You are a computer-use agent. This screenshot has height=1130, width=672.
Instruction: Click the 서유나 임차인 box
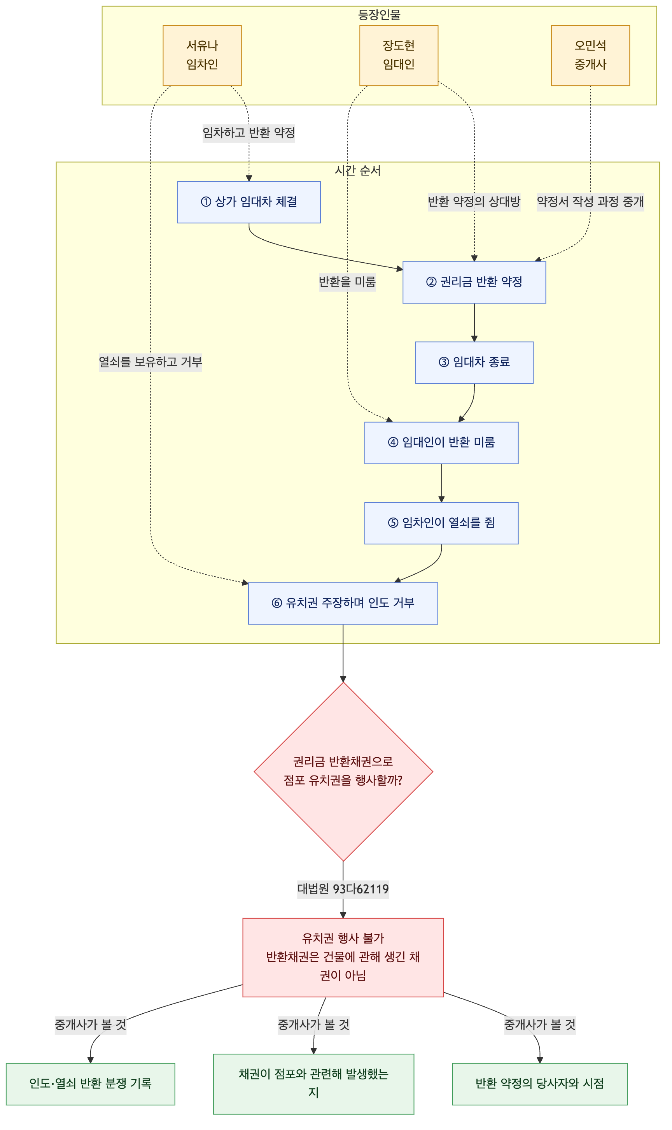[202, 55]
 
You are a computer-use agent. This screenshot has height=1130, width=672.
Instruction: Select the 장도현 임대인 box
[399, 55]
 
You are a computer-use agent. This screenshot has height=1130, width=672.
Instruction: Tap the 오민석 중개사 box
[590, 55]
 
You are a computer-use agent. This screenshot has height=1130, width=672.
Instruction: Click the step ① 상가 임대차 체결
[248, 202]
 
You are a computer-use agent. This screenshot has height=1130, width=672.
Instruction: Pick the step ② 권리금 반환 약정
[474, 282]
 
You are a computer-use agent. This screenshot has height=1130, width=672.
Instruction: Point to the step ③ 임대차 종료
[474, 363]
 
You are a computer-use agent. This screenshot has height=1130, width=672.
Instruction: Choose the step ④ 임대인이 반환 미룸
[441, 443]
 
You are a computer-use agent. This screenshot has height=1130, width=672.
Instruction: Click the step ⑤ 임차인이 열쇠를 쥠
[441, 523]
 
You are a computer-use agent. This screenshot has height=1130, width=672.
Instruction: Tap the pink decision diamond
[343, 772]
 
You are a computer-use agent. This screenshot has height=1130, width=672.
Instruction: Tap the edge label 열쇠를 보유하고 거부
[150, 362]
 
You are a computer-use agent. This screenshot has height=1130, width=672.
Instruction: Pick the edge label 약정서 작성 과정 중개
[590, 202]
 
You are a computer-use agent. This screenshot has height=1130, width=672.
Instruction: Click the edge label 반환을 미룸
[347, 282]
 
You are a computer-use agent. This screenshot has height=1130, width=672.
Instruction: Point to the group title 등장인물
[379, 15]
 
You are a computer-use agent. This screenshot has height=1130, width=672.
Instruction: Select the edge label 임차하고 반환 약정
[248, 133]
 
